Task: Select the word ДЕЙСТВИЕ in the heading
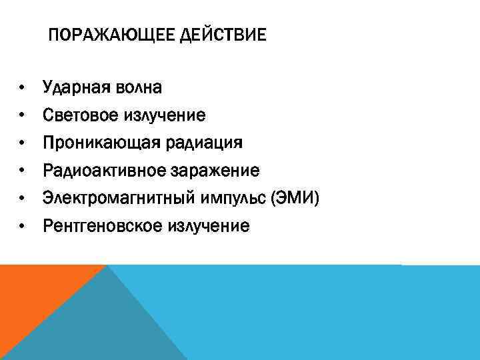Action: [x=223, y=34]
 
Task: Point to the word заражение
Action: [x=217, y=171]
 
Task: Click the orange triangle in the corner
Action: [x=33, y=293]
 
